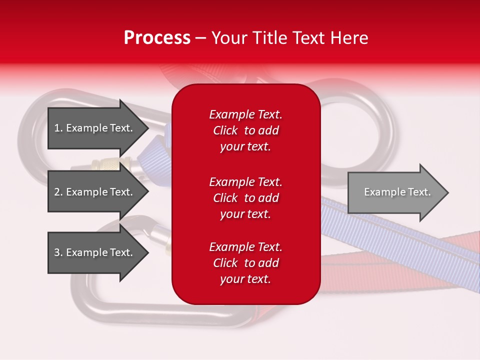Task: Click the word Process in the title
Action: coord(157,38)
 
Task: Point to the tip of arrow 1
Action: coord(146,128)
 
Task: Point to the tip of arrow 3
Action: coord(146,252)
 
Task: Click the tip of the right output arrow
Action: coord(446,192)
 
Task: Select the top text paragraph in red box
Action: coord(245,130)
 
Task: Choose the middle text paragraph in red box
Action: coord(245,198)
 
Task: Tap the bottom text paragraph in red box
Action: coord(245,263)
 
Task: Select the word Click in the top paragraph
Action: coord(225,130)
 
